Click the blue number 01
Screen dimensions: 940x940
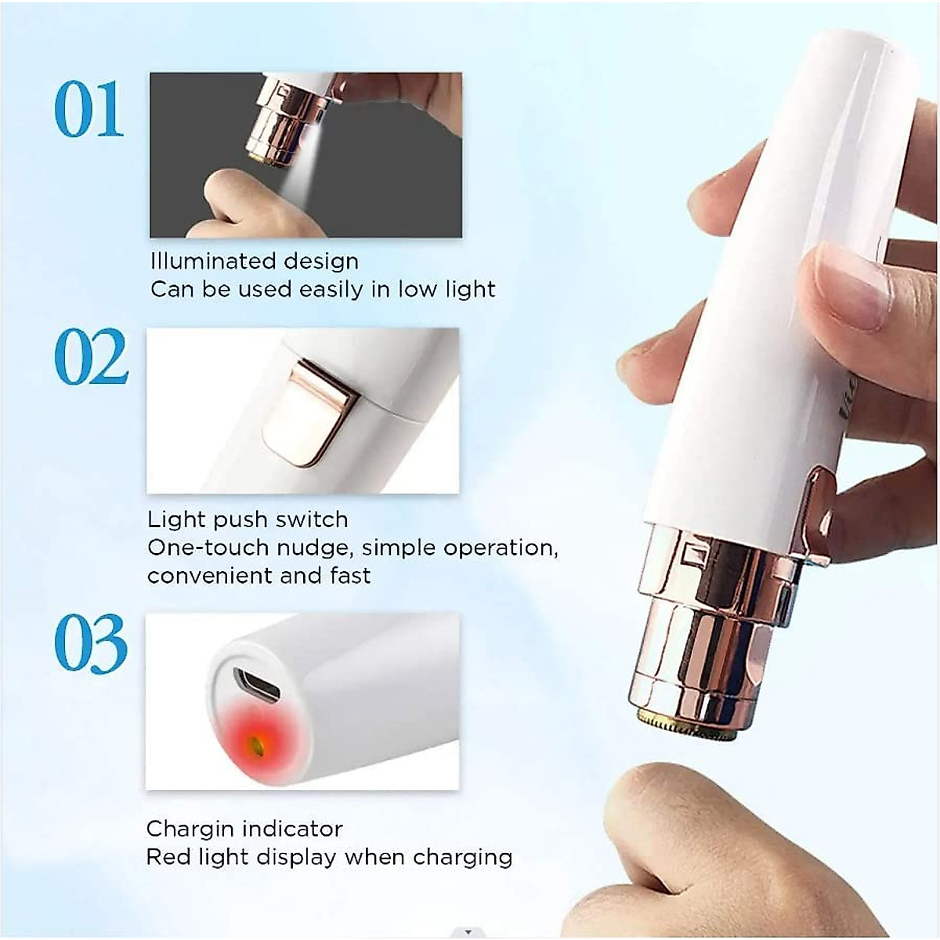click(89, 110)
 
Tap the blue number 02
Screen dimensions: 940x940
click(91, 357)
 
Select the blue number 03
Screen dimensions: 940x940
click(91, 644)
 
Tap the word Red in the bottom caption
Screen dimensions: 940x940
click(164, 856)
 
